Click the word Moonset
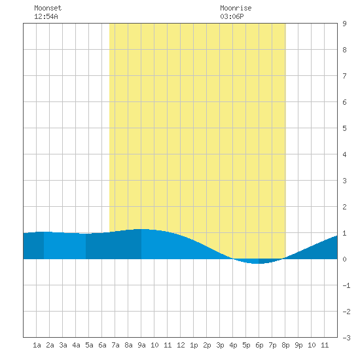tap(48, 8)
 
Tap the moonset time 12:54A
tap(46, 16)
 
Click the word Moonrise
tap(236, 8)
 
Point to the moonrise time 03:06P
tap(232, 16)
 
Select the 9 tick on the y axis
tap(344, 24)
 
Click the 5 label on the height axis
tap(344, 128)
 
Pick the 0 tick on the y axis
tap(344, 259)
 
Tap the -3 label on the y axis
tap(346, 338)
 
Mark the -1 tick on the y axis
tap(346, 285)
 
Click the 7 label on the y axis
tap(344, 76)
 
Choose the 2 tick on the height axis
tap(344, 207)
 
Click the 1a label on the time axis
tap(37, 345)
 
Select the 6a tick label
tap(102, 345)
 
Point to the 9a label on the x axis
tap(141, 345)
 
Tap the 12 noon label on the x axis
tap(181, 345)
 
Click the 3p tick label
tap(220, 345)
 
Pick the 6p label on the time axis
tap(259, 345)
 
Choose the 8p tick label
tap(285, 345)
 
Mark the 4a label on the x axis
tap(76, 345)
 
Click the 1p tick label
tap(194, 345)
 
